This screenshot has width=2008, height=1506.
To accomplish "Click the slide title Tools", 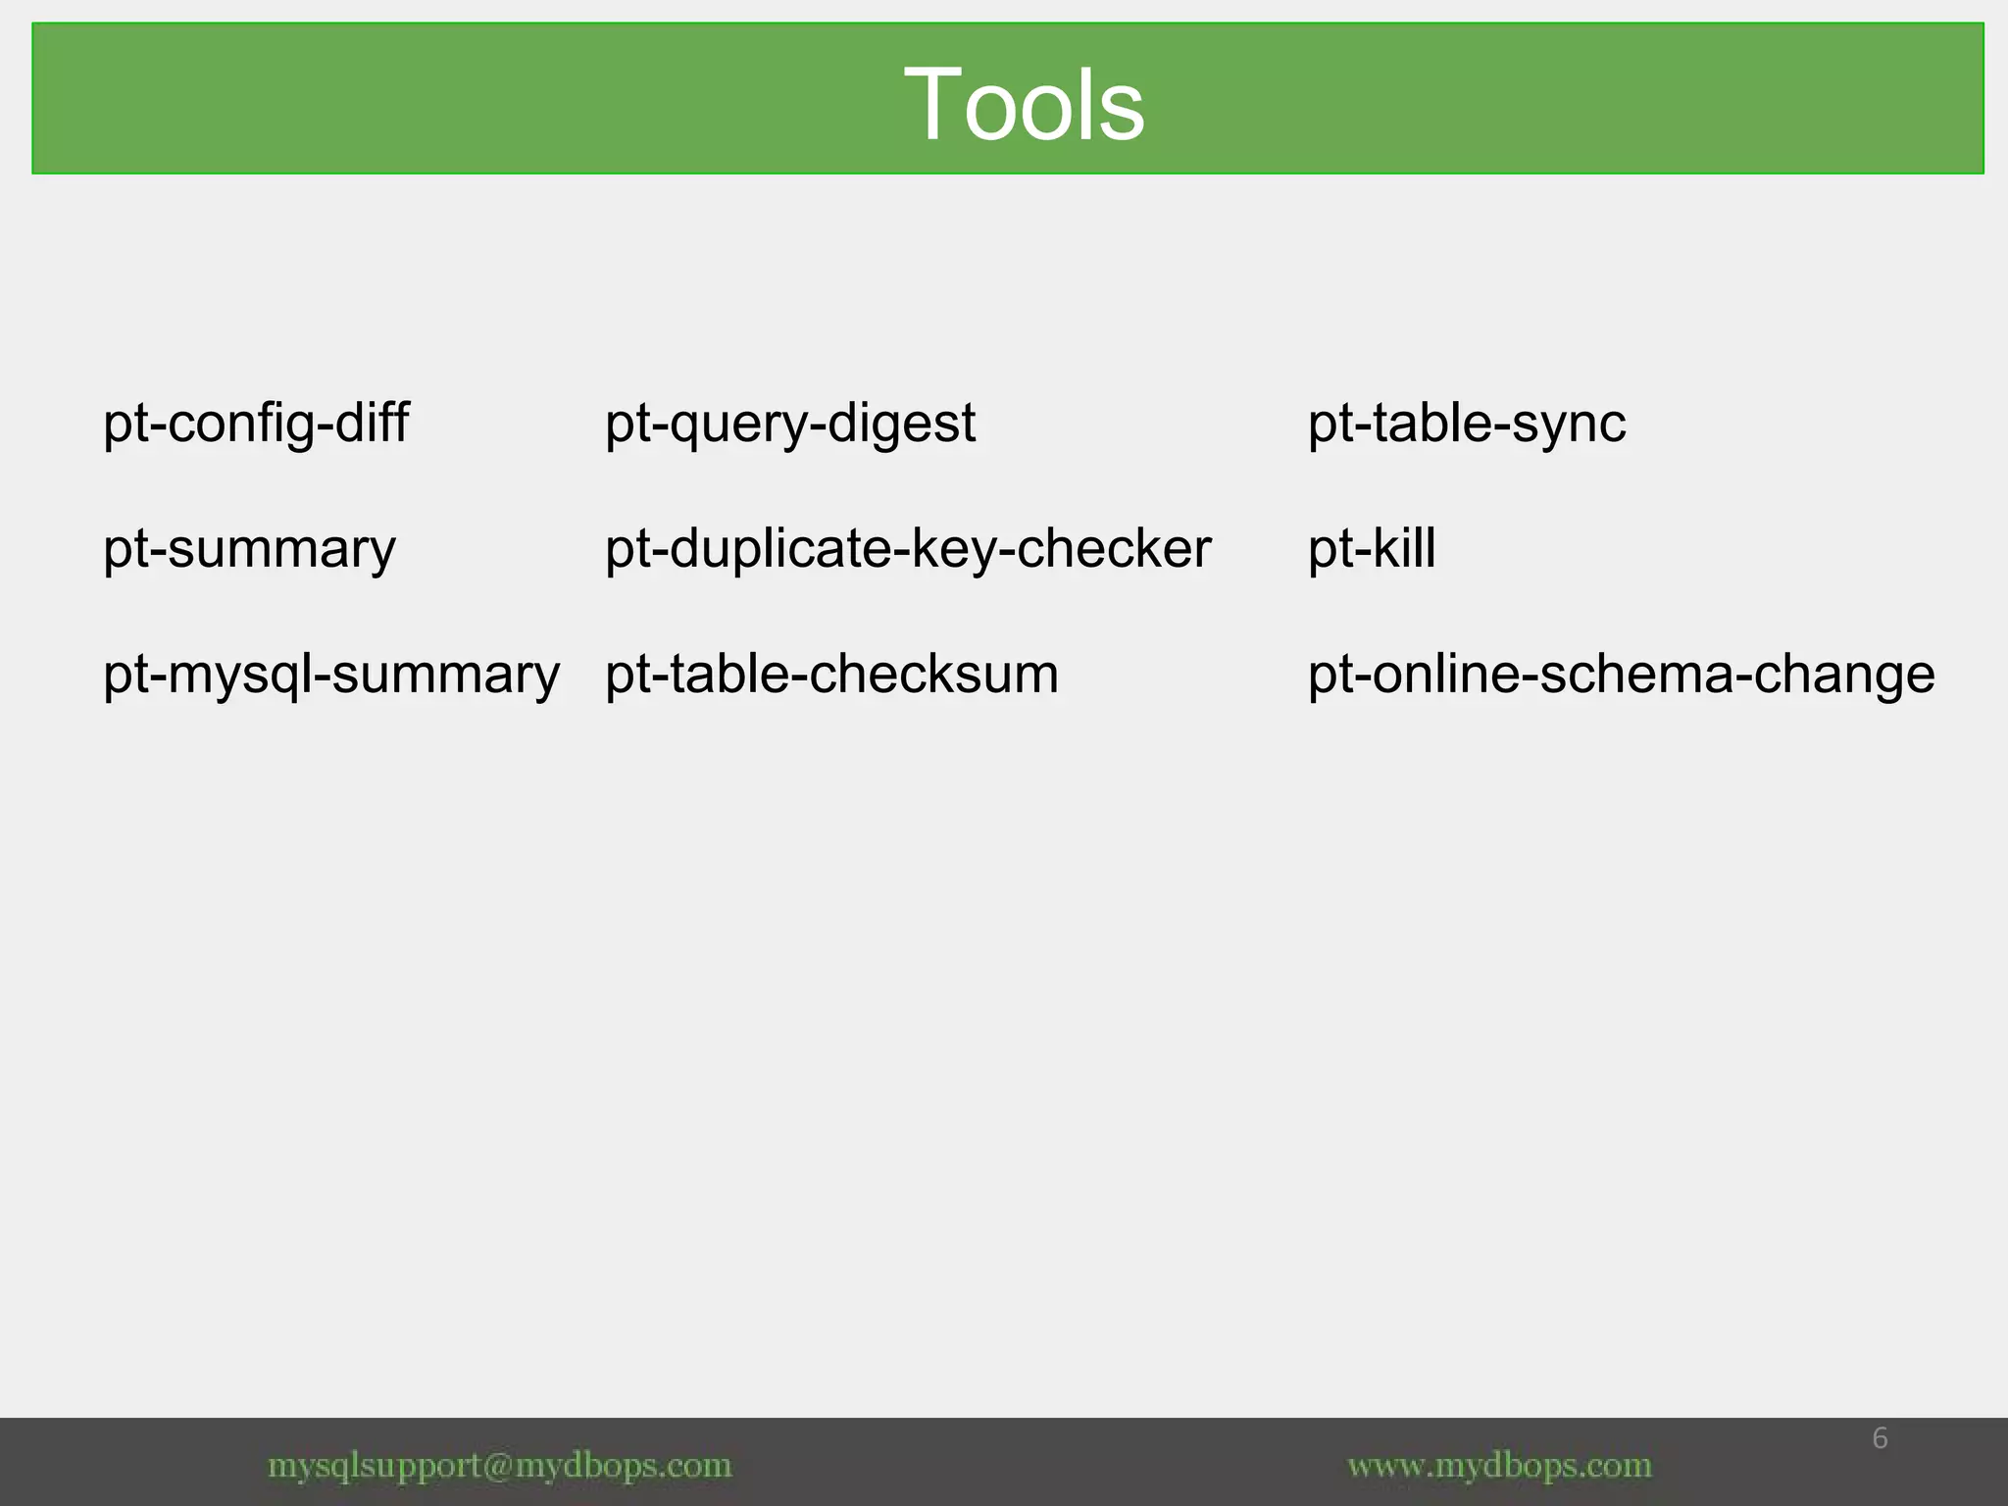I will pyautogui.click(x=1024, y=104).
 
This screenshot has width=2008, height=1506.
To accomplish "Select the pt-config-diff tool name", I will pyautogui.click(x=256, y=424).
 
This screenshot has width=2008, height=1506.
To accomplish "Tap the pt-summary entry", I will pyautogui.click(x=249, y=549).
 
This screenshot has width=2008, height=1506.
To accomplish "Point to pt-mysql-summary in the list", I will pyautogui.click(x=331, y=675).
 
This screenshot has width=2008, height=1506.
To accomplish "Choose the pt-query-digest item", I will pyautogui.click(x=790, y=424).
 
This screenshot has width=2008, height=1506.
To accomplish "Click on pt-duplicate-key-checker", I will pyautogui.click(x=908, y=549).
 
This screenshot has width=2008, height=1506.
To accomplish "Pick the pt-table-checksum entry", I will pyautogui.click(x=831, y=675).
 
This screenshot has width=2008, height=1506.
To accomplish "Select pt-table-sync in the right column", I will pyautogui.click(x=1467, y=424).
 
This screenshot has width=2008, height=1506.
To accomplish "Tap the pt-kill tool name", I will pyautogui.click(x=1372, y=549).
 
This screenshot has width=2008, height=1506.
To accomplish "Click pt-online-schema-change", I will pyautogui.click(x=1622, y=675).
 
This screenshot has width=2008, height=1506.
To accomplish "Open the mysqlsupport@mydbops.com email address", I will pyautogui.click(x=500, y=1466).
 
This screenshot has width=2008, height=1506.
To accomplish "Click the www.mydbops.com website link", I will pyautogui.click(x=1500, y=1466).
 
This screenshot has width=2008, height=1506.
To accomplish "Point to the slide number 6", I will pyautogui.click(x=1880, y=1438).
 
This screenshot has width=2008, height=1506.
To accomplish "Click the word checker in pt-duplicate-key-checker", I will pyautogui.click(x=1114, y=549).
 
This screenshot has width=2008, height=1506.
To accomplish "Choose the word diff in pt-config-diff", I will pyautogui.click(x=372, y=424).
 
